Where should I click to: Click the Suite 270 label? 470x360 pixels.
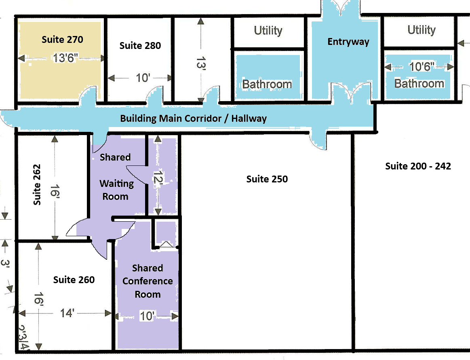tap(62, 39)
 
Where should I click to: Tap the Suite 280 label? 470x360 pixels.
tap(140, 46)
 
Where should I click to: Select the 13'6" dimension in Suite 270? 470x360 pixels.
tap(65, 57)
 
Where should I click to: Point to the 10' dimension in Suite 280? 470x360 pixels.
tap(143, 78)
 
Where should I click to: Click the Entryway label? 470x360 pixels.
tap(348, 42)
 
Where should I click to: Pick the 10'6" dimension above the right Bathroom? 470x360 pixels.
tap(422, 66)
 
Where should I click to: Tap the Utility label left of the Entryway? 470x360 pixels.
tap(268, 31)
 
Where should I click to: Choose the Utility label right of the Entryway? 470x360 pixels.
tap(422, 30)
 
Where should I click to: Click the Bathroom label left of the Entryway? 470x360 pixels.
tap(267, 84)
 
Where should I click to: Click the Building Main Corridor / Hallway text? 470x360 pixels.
tap(193, 119)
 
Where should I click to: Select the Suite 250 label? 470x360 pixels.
tap(267, 179)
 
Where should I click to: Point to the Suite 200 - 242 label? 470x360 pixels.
tap(418, 166)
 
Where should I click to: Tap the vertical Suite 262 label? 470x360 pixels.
tap(36, 185)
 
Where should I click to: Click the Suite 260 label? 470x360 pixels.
tap(74, 280)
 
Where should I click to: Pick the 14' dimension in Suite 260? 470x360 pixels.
tap(67, 313)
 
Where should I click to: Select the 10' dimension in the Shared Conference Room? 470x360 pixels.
tap(148, 316)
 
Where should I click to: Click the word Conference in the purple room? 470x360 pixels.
tap(148, 281)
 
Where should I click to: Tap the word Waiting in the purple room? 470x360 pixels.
tap(117, 184)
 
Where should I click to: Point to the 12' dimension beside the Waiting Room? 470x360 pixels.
tap(158, 177)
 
